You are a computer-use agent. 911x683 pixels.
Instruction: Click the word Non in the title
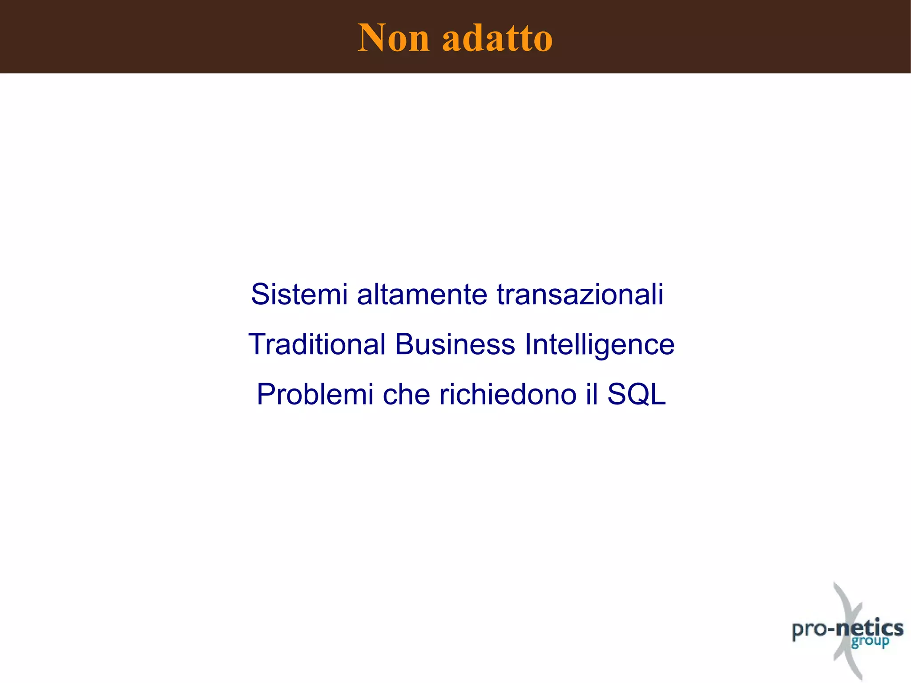point(394,38)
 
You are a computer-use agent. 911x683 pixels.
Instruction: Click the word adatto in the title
point(497,38)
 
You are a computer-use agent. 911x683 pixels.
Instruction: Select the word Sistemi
point(299,295)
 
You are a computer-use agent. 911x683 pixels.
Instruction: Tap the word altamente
point(422,295)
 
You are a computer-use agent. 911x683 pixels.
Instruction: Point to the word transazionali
point(580,295)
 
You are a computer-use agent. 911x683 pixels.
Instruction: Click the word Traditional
point(317,344)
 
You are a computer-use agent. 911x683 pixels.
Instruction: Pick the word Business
point(455,344)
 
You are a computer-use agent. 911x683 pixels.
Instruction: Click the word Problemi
point(315,394)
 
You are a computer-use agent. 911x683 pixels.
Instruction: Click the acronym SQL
point(637,394)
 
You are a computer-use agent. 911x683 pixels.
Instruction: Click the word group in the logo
point(870,642)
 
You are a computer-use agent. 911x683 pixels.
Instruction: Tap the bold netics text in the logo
point(870,628)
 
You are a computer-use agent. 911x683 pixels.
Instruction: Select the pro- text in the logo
point(812,630)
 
